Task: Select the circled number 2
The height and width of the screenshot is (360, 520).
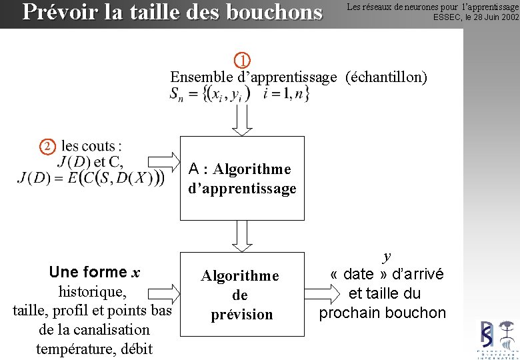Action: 47,146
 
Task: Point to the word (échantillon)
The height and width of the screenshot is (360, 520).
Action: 386,77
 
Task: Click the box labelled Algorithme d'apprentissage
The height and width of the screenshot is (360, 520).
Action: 241,178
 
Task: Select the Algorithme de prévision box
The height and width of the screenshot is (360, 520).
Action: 241,295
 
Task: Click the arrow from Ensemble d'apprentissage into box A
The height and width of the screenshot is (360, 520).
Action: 242,120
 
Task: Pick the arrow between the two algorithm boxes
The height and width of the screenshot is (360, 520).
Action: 241,235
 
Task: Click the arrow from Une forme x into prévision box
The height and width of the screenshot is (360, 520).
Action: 172,294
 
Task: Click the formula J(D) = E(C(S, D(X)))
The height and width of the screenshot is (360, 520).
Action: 91,178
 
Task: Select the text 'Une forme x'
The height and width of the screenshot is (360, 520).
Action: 94,272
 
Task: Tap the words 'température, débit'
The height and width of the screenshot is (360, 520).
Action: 94,348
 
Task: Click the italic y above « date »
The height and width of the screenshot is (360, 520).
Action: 387,256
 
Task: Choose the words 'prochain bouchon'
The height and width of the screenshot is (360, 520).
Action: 382,313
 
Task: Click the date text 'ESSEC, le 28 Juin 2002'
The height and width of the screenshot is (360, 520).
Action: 475,17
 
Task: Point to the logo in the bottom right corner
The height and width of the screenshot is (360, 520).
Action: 497,339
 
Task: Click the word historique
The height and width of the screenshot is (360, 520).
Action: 92,291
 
